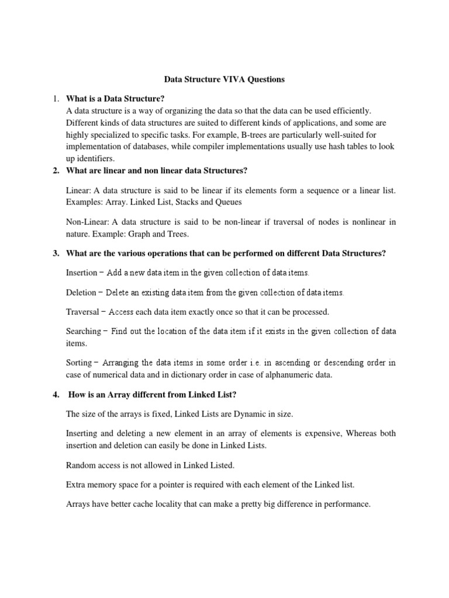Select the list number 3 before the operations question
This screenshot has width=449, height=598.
click(55, 253)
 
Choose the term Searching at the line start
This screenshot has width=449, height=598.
click(84, 331)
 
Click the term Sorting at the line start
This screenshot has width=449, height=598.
click(79, 363)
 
